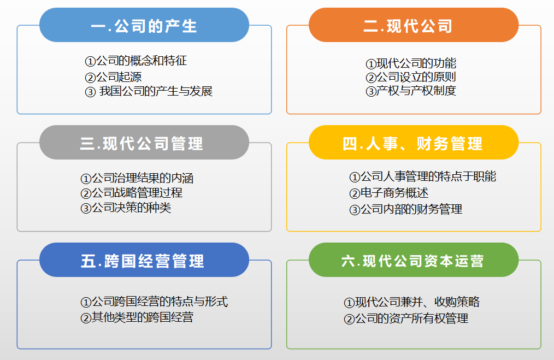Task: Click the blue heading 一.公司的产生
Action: point(144,26)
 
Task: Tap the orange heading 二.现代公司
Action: point(408,26)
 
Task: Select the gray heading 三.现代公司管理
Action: point(142,144)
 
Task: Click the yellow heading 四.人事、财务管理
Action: point(412,144)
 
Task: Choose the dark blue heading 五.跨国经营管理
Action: point(143,261)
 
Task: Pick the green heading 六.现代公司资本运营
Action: point(412,261)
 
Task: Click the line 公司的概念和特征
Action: point(142,61)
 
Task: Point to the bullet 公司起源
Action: point(119,76)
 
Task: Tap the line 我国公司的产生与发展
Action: point(156,91)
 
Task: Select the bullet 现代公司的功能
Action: point(416,63)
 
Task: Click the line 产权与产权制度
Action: point(416,91)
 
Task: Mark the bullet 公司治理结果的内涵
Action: point(143,178)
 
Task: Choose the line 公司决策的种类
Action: point(132,208)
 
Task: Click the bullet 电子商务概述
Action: point(394,193)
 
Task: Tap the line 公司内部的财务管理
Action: point(411,209)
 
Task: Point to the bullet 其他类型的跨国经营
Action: point(143,317)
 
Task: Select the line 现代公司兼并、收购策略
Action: point(417,302)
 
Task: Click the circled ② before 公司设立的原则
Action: point(370,78)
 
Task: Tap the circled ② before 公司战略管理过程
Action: point(86,193)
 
